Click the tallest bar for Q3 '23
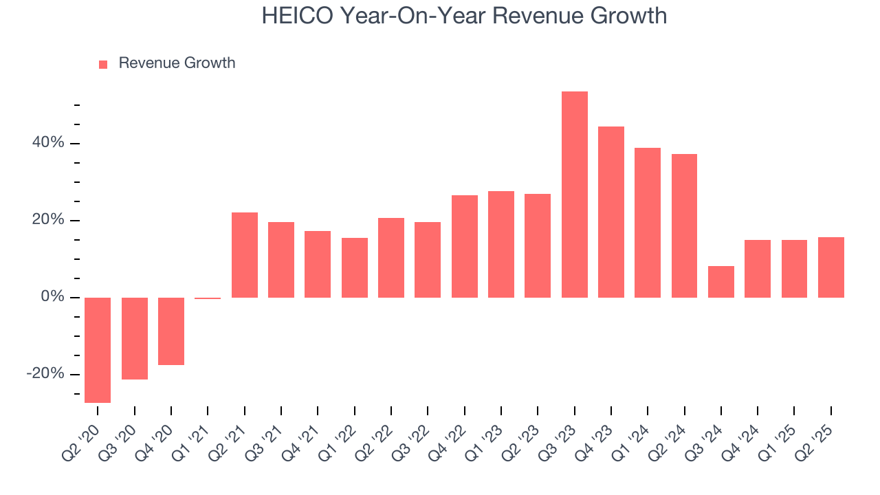point(574,195)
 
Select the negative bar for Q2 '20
point(98,350)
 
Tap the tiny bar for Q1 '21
point(208,298)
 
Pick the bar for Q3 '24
point(720,282)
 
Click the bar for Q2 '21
point(244,255)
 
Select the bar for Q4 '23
point(610,212)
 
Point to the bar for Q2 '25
point(830,267)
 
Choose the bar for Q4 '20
point(171,331)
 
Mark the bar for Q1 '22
point(354,267)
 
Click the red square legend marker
point(103,64)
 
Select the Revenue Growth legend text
point(177,63)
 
